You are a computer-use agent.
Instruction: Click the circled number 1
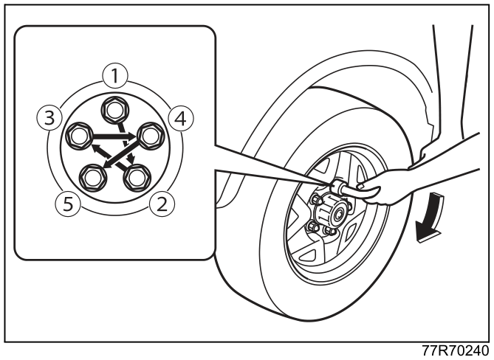115,76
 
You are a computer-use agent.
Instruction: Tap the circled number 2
162,204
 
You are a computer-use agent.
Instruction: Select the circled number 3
49,119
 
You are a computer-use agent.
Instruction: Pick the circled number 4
181,119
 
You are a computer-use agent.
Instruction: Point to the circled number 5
68,204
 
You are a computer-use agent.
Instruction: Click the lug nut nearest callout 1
115,110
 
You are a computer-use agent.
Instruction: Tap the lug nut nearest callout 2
137,179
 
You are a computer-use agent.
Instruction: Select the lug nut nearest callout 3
79,136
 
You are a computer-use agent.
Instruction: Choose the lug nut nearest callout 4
151,136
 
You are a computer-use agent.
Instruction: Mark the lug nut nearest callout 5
93,179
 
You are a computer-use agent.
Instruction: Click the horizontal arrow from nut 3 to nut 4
114,136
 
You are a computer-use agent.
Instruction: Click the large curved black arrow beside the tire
430,217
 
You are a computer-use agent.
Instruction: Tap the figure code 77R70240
456,350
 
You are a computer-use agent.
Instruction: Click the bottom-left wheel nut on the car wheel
312,226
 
